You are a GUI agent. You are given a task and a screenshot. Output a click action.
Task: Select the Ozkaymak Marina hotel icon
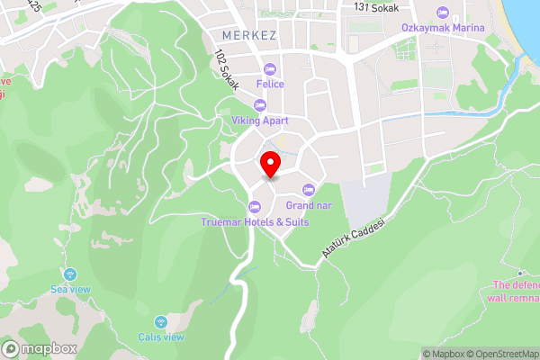pos(442,13)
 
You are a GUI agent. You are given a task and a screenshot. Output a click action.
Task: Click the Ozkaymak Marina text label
pos(443,28)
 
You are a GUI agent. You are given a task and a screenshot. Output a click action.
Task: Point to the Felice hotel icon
pos(270,69)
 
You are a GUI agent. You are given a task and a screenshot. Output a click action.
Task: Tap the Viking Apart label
pos(259,119)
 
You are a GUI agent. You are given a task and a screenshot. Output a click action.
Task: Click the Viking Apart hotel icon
pos(260,104)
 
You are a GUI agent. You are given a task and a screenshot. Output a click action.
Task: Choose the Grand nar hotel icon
pos(309,189)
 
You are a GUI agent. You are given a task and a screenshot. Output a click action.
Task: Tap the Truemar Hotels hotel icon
pos(255,207)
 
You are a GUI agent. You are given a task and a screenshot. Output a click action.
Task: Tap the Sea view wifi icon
pos(70,274)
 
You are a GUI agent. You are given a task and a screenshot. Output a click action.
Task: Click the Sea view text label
pos(70,289)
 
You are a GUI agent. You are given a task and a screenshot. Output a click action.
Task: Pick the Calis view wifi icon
pos(161,322)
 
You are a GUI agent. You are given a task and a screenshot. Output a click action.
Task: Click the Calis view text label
pos(161,337)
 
